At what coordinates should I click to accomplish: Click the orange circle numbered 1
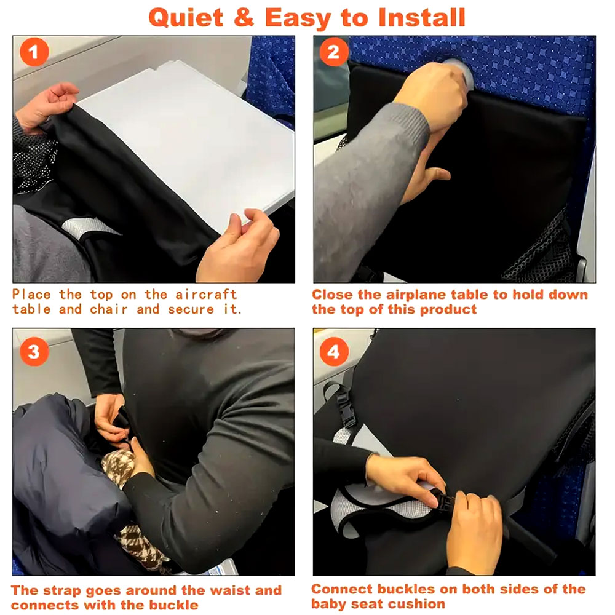pyautogui.click(x=34, y=52)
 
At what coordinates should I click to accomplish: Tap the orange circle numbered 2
pyautogui.click(x=334, y=52)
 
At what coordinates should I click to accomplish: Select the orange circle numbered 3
pyautogui.click(x=34, y=351)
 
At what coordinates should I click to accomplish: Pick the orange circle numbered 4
pyautogui.click(x=334, y=351)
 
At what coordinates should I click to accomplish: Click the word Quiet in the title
pyautogui.click(x=186, y=18)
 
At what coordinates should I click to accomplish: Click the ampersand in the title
pyautogui.click(x=244, y=18)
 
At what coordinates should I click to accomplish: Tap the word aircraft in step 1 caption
pyautogui.click(x=206, y=294)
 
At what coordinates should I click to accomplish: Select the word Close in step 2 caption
pyautogui.click(x=333, y=295)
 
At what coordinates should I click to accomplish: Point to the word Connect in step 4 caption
pyautogui.click(x=341, y=589)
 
